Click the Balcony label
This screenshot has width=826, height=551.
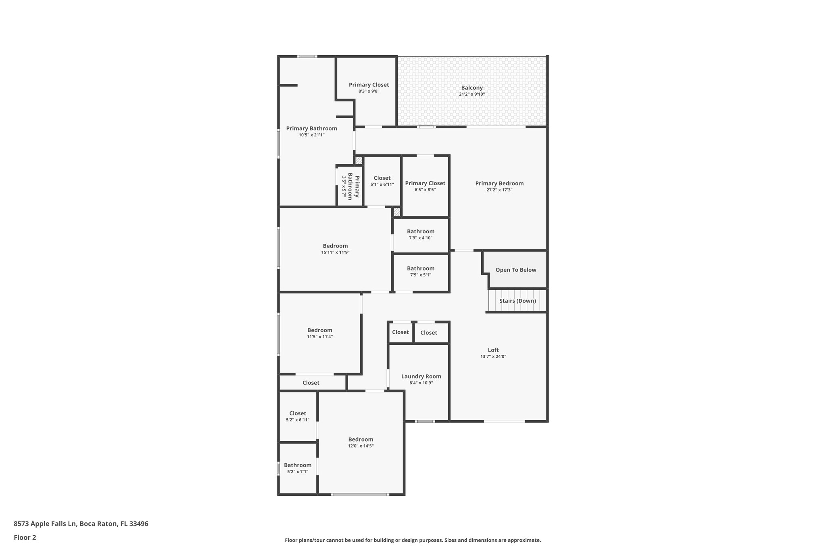[471, 88]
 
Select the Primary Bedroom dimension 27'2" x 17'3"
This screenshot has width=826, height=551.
[499, 190]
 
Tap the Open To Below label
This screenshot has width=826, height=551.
[515, 270]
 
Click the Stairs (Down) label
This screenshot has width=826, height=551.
[517, 301]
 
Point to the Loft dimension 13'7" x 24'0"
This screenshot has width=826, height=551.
[493, 356]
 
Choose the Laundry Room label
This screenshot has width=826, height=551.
[421, 376]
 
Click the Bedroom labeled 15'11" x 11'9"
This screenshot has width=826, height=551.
[335, 246]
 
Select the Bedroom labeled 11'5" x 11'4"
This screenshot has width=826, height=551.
[319, 330]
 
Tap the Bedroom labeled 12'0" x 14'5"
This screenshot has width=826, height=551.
[361, 440]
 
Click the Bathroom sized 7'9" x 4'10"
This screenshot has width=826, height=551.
[421, 231]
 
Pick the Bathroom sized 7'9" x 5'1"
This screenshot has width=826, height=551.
[421, 268]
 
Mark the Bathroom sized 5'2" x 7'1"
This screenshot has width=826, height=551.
[298, 465]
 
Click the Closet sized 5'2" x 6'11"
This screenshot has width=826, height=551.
[298, 413]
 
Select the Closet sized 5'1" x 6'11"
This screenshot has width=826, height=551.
[382, 178]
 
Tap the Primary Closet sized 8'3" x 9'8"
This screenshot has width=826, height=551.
[369, 85]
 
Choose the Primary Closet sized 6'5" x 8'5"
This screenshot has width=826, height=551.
[425, 183]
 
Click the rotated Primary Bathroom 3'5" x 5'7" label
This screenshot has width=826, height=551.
[350, 186]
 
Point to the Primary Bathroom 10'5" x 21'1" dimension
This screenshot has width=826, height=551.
[311, 135]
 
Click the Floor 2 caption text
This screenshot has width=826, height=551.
[25, 537]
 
